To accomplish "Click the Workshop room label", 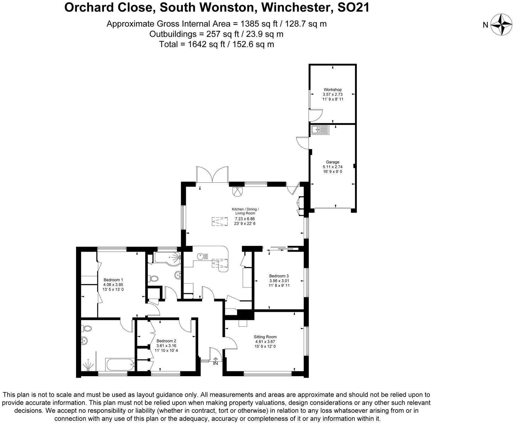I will tap(332, 90).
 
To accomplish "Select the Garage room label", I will tap(332, 162).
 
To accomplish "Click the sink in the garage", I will tap(320, 130).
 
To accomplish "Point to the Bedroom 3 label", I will tap(279, 276).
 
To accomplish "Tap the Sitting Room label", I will tap(265, 337).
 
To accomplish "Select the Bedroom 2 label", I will tap(166, 341).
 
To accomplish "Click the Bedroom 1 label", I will tap(113, 280).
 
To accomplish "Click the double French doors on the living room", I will tap(212, 175).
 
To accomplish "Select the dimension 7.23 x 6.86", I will tap(245, 219).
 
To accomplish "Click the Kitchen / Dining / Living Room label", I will tap(245, 211).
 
